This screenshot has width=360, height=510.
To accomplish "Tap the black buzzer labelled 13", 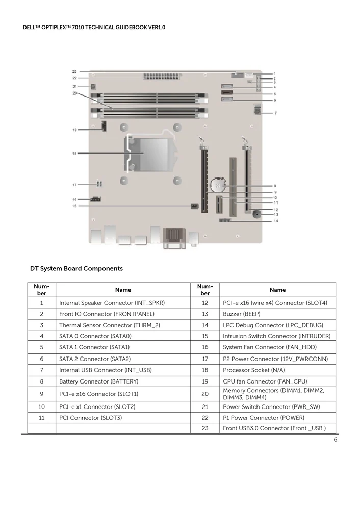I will tap(256, 215).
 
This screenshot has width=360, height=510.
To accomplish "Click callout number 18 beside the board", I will tap(74, 153).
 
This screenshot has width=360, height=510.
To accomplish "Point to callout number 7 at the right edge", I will tap(276, 112).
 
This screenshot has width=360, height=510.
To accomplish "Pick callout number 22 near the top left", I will tap(74, 78).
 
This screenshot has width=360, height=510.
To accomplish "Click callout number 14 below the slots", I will tap(276, 221).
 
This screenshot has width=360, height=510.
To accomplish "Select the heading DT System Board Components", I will tap(76, 268).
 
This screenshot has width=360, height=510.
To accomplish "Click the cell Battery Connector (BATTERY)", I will tap(99, 381).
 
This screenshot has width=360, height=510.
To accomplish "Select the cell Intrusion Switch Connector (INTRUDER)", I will tap(276, 336).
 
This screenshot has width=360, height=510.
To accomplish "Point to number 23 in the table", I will tap(205, 428).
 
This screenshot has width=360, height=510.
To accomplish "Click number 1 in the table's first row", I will tap(42, 303).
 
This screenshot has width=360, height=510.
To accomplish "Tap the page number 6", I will tap(336, 440).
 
